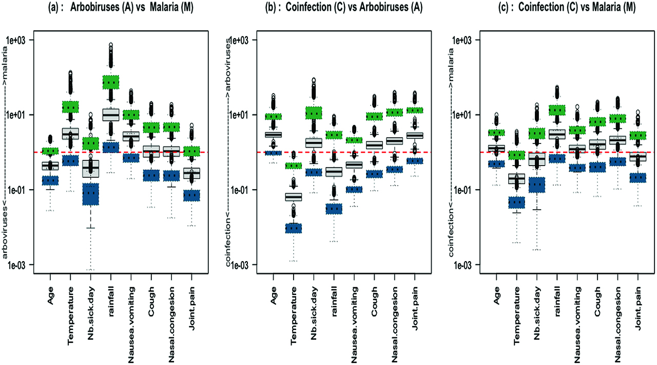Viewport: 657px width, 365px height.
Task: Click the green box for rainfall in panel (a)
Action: pyautogui.click(x=111, y=82)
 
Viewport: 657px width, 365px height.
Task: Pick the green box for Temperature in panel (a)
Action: pyautogui.click(x=70, y=107)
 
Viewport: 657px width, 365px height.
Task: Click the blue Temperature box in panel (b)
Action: pyautogui.click(x=294, y=228)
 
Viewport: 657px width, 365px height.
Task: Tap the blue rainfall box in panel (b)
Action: pyautogui.click(x=334, y=209)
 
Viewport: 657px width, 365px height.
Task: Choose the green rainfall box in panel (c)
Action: pyautogui.click(x=557, y=110)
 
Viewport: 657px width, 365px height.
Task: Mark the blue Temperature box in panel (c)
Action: pyautogui.click(x=516, y=203)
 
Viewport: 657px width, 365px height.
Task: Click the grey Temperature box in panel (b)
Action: pyautogui.click(x=294, y=196)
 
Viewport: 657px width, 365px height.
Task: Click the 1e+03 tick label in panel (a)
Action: pyautogui.click(x=18, y=40)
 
